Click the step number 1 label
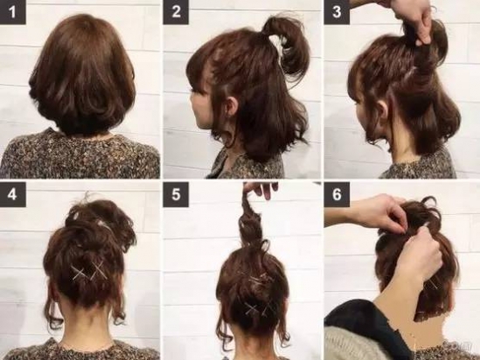[x=12, y=12]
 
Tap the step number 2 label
[x=176, y=12]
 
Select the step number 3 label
[x=337, y=12]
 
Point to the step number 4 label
[x=12, y=194]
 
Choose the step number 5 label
[x=176, y=194]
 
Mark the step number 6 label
[x=337, y=194]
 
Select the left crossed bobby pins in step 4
[x=79, y=273]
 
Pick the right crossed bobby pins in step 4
[x=99, y=270]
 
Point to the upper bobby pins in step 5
[x=259, y=279]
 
